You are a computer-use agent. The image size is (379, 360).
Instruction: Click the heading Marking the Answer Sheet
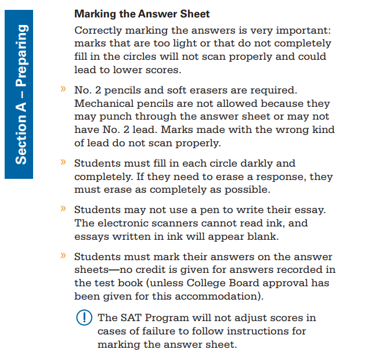click(142, 13)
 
